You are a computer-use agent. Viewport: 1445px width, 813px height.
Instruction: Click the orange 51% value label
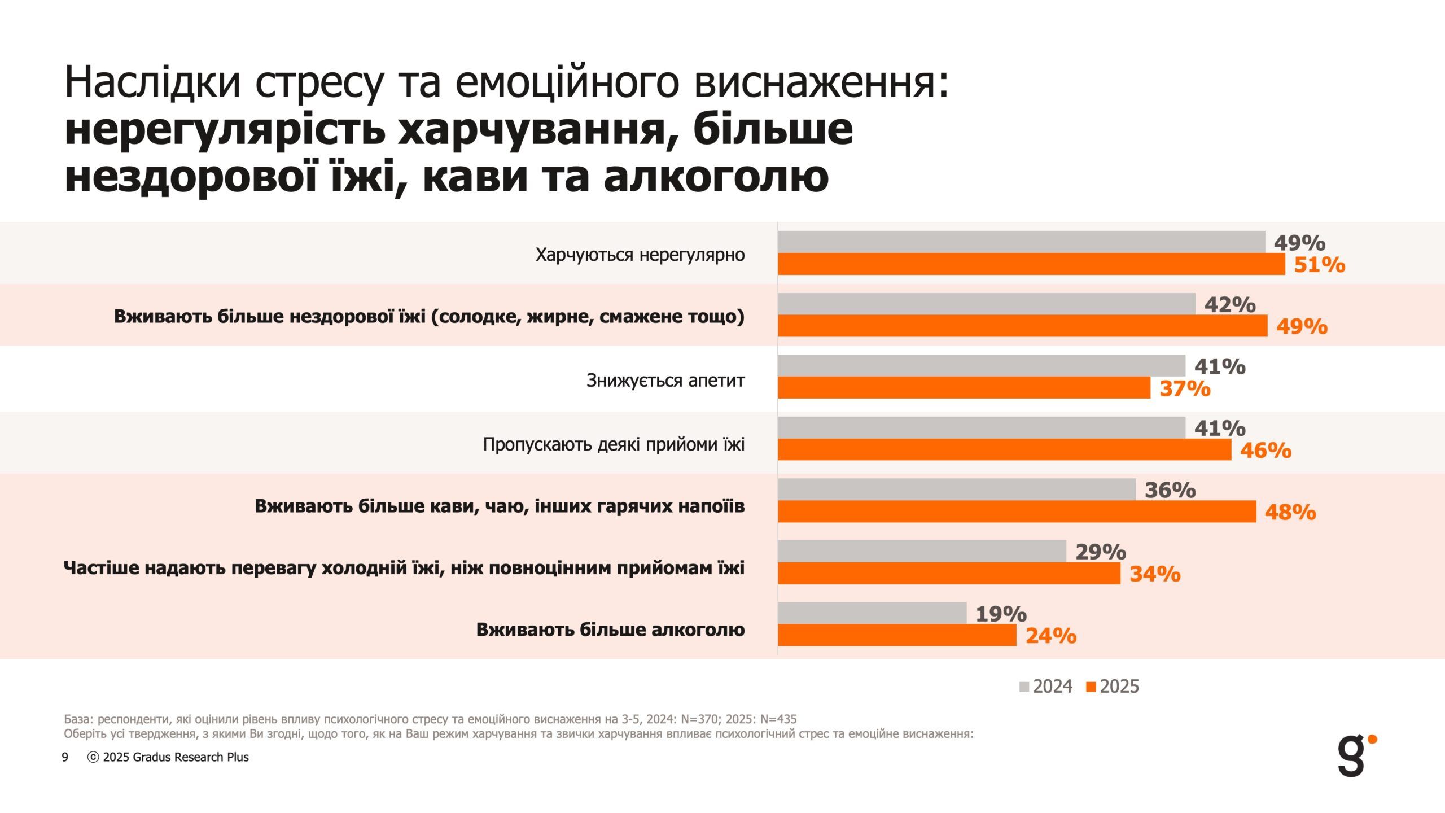pos(1319,265)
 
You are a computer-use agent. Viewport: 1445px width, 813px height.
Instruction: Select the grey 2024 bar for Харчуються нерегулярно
pos(1021,242)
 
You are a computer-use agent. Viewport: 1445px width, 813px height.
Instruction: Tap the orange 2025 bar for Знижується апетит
pos(964,388)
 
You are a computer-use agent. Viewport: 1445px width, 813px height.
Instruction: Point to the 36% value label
pos(1170,490)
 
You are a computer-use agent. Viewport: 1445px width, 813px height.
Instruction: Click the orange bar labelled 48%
pos(1017,512)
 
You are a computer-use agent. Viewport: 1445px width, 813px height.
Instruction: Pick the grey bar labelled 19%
pos(872,613)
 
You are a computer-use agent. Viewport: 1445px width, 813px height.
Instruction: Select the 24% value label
pos(1050,636)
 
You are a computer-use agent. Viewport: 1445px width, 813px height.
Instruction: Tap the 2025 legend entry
pos(1113,687)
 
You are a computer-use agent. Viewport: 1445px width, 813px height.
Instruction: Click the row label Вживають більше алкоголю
pos(610,630)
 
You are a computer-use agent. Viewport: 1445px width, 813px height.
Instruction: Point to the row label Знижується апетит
pos(665,381)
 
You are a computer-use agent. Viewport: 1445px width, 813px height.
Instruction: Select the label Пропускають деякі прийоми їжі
pos(614,445)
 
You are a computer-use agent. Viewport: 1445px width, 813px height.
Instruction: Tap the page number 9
pos(65,758)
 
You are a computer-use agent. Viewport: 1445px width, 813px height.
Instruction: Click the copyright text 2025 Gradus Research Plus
pos(168,758)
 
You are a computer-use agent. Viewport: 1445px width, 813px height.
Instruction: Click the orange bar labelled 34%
pos(949,574)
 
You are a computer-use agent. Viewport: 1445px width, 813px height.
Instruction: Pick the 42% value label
pos(1229,305)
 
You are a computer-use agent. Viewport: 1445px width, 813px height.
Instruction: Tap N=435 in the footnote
pos(778,719)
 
